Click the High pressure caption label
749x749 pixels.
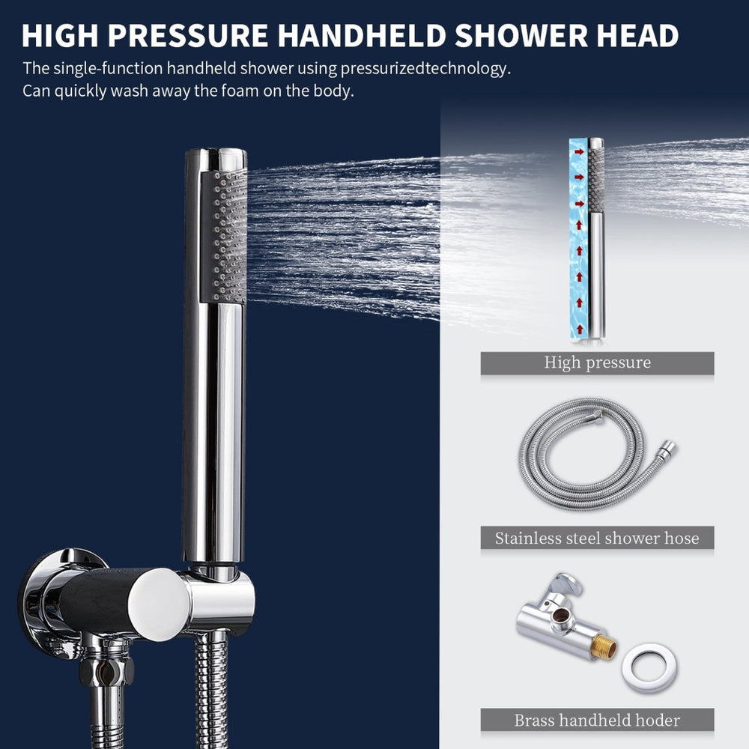597,363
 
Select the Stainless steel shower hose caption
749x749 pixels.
597,538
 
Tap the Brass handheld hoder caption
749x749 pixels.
597,721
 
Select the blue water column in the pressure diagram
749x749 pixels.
579,240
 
